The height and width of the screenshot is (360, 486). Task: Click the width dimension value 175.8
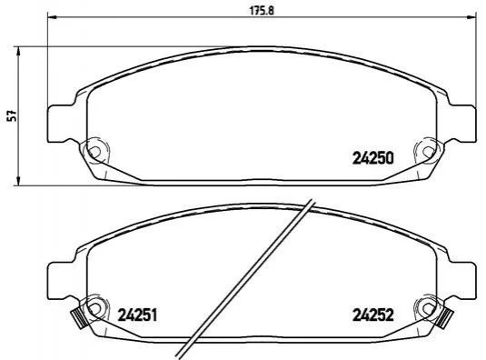pyautogui.click(x=263, y=11)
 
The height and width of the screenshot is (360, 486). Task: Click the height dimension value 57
pyautogui.click(x=12, y=115)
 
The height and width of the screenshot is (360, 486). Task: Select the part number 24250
pyautogui.click(x=373, y=158)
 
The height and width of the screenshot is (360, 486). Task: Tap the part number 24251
pyautogui.click(x=137, y=315)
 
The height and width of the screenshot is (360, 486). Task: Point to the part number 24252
pyautogui.click(x=373, y=315)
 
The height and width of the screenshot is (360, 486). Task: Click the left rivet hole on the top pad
pyautogui.click(x=94, y=152)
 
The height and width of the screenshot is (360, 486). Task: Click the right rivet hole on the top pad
pyautogui.click(x=429, y=152)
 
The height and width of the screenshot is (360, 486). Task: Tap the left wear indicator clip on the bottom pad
pyautogui.click(x=78, y=318)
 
